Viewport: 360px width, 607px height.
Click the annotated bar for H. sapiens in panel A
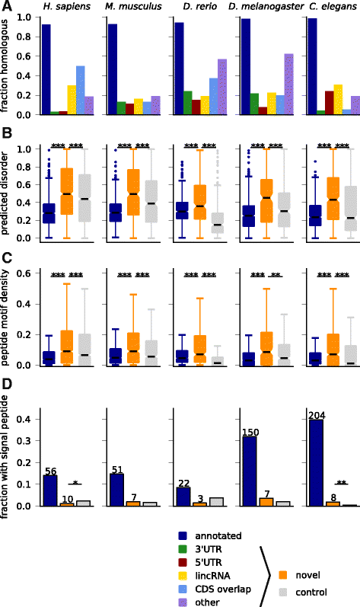(x=46, y=69)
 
